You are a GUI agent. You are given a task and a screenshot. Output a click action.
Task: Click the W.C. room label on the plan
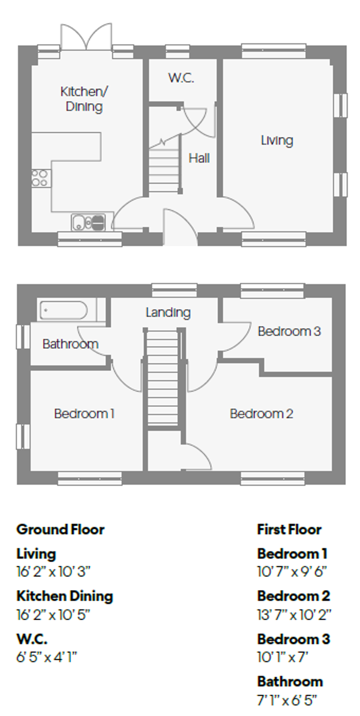181,78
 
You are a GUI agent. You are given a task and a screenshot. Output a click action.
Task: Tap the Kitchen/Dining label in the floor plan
84,99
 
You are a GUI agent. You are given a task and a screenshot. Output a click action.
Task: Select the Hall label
199,158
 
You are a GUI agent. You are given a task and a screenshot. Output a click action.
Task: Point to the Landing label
168,312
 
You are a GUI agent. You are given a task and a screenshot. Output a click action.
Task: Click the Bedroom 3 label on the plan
289,332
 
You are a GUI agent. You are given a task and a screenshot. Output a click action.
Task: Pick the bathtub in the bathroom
64,310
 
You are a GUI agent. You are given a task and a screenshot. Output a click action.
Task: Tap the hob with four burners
40,178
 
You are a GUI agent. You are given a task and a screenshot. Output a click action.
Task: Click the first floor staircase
163,378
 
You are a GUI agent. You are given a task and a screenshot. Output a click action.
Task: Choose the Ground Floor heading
60,529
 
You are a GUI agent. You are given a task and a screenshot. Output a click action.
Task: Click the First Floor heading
289,529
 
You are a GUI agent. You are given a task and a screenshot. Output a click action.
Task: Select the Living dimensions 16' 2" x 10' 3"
53,572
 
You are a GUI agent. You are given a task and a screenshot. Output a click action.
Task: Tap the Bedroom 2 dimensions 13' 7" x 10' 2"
294,615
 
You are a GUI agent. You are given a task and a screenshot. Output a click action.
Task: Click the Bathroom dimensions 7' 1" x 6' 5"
287,700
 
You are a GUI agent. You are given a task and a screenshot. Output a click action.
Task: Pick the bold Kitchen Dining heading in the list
65,596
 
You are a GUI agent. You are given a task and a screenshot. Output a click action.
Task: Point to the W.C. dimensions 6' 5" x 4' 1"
47,657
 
